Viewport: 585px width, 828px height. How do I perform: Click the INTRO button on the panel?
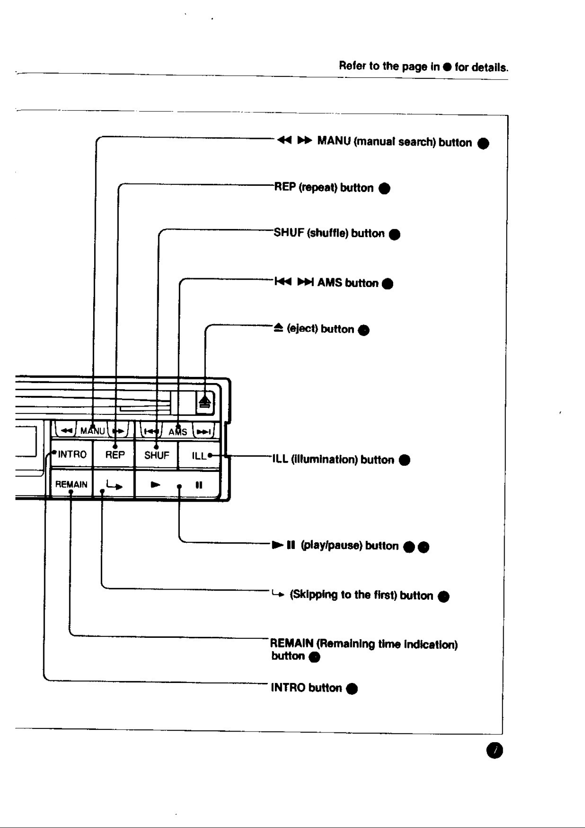(71, 454)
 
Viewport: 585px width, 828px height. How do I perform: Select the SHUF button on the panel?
(156, 454)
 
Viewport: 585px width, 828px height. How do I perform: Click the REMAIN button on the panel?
(71, 484)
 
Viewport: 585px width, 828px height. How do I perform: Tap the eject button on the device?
(205, 402)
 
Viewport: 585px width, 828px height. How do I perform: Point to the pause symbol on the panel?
(199, 485)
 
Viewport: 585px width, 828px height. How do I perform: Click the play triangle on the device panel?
(156, 485)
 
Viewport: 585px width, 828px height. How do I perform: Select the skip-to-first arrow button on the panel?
(114, 484)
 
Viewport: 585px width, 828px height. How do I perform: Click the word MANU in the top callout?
(334, 142)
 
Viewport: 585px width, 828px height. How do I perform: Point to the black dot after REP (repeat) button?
(384, 188)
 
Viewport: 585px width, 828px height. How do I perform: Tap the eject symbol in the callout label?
(278, 328)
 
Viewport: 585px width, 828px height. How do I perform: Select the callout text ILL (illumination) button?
(333, 460)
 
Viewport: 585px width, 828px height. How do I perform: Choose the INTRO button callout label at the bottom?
(306, 688)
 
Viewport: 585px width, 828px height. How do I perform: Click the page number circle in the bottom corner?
(495, 751)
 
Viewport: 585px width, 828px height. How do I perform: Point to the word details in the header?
(490, 68)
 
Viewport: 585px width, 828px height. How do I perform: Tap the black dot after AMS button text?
(387, 284)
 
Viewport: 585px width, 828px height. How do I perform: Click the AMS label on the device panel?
(178, 432)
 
